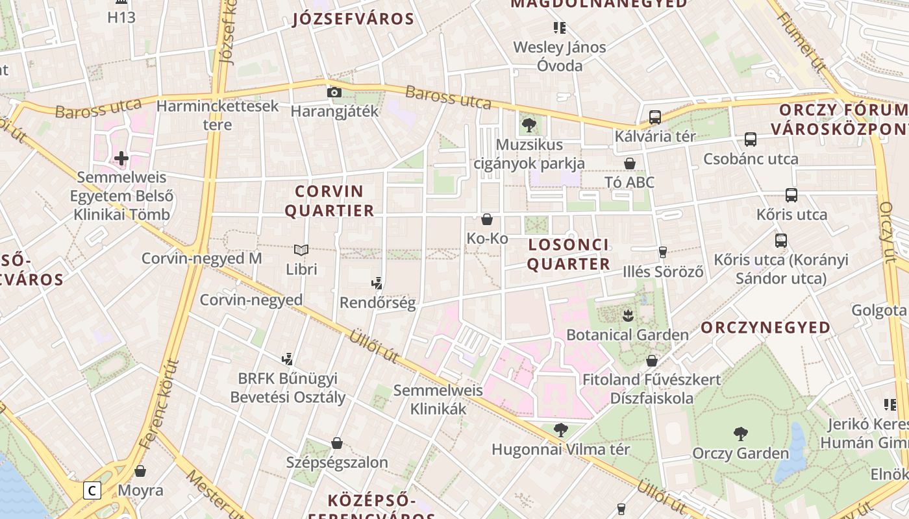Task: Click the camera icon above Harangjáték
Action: (334, 93)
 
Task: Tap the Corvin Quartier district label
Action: (329, 201)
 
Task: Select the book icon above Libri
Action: (301, 250)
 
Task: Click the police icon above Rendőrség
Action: (377, 283)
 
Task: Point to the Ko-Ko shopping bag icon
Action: (487, 219)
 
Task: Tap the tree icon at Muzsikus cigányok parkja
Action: (529, 125)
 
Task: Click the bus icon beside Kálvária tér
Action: (655, 117)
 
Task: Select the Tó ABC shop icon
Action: (629, 163)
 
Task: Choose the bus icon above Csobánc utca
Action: (751, 139)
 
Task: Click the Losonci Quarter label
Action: (569, 254)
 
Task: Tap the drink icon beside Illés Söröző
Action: (663, 252)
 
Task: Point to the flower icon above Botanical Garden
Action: (627, 316)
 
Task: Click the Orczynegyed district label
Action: (766, 328)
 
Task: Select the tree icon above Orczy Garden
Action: (740, 434)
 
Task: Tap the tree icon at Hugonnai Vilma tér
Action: (560, 429)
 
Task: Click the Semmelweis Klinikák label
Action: (438, 400)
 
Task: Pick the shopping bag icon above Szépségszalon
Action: (337, 443)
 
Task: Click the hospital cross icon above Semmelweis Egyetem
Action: (121, 158)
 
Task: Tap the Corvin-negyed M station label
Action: (202, 258)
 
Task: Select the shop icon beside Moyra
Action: (140, 471)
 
